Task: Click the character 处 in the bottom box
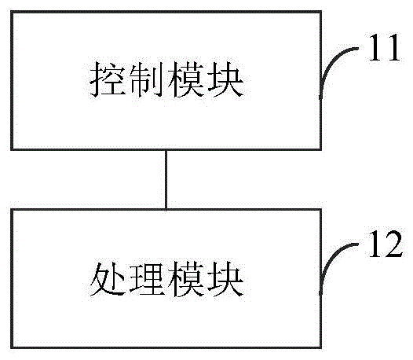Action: [x=105, y=279]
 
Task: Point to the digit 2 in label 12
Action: [x=393, y=251]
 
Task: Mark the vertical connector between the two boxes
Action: [x=165, y=178]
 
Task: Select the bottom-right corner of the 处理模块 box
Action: [x=320, y=347]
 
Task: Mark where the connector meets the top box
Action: [x=165, y=149]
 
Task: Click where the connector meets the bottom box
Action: [x=165, y=209]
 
